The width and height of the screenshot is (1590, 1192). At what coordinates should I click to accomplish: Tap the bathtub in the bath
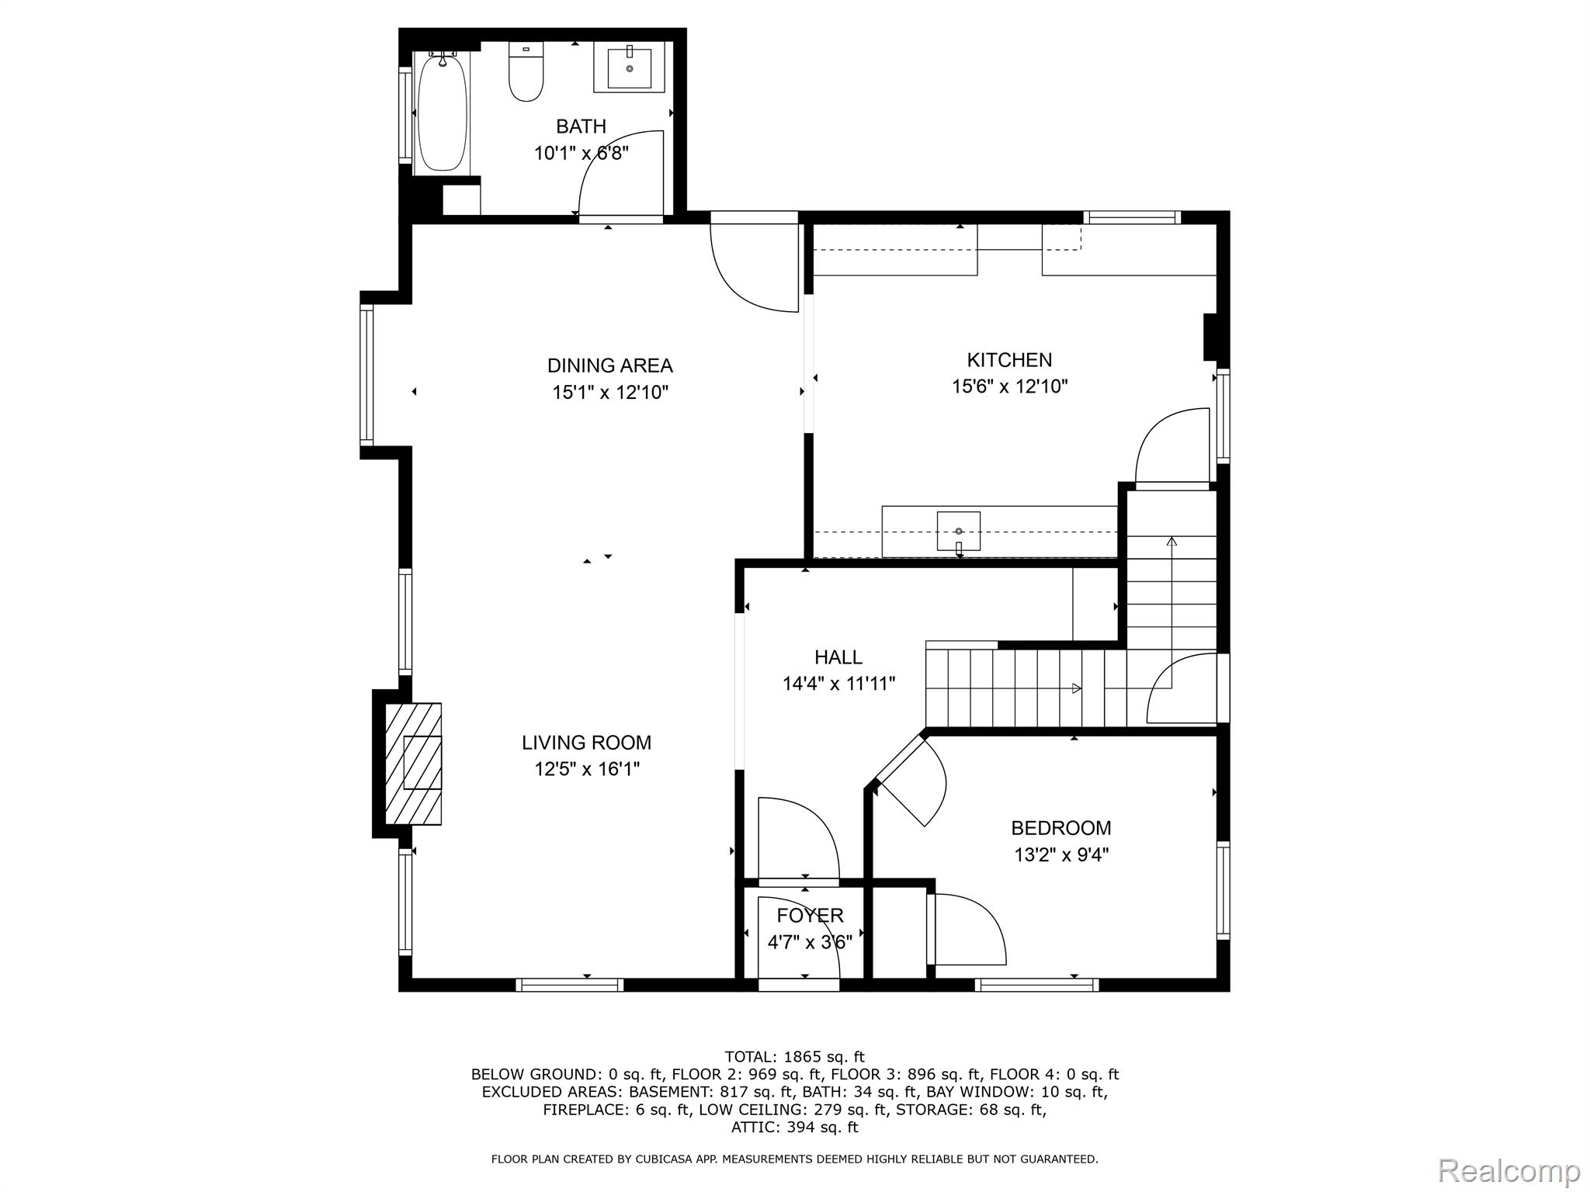pyautogui.click(x=443, y=113)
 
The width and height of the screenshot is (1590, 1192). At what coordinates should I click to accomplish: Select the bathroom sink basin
pyautogui.click(x=629, y=68)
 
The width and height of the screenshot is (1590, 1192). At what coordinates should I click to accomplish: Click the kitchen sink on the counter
pyautogui.click(x=958, y=531)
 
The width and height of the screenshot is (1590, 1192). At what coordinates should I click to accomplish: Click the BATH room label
pyautogui.click(x=581, y=126)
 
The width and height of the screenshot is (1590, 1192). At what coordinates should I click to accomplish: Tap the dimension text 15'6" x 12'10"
pyautogui.click(x=1009, y=386)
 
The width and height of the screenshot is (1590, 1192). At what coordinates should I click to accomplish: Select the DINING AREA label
pyautogui.click(x=609, y=366)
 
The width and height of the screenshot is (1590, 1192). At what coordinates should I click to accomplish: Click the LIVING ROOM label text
pyautogui.click(x=586, y=743)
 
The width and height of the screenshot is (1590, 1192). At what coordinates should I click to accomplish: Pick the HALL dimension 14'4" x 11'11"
pyautogui.click(x=838, y=684)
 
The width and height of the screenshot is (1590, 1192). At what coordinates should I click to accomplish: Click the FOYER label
pyautogui.click(x=810, y=916)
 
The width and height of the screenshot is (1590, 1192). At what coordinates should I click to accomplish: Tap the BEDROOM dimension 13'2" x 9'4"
pyautogui.click(x=1061, y=855)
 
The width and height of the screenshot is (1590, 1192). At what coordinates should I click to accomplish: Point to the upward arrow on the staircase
pyautogui.click(x=1171, y=541)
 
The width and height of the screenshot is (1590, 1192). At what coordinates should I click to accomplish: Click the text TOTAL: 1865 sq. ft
pyautogui.click(x=794, y=1056)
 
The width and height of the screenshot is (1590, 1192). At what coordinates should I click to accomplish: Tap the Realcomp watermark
pyautogui.click(x=1508, y=1171)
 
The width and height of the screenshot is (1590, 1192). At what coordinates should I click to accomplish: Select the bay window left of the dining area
pyautogui.click(x=366, y=376)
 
